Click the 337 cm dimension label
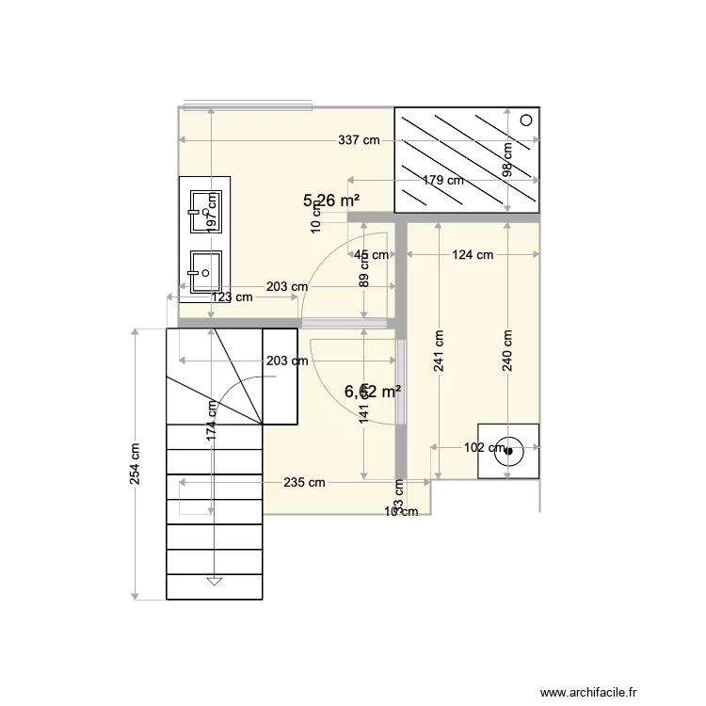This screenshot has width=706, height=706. click(x=359, y=141)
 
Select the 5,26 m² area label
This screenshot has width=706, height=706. click(x=331, y=201)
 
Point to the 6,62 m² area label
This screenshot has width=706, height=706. click(x=373, y=392)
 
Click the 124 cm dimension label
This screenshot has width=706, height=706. click(x=473, y=254)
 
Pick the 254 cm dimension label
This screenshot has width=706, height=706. click(x=136, y=463)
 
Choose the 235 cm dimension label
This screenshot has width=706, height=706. click(x=304, y=482)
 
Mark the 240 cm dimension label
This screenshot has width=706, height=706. click(x=507, y=350)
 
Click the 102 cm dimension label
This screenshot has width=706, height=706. click(x=486, y=448)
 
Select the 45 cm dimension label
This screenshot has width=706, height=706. click(x=370, y=254)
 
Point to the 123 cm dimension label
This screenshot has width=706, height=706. click(x=232, y=297)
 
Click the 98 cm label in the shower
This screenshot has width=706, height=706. click(x=507, y=160)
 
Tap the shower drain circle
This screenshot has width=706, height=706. click(x=526, y=120)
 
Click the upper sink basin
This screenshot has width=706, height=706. click(x=203, y=212)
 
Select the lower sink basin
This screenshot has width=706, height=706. click(x=203, y=272)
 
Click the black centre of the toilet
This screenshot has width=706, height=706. click(x=509, y=451)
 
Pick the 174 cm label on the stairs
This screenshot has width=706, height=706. click(x=213, y=420)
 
